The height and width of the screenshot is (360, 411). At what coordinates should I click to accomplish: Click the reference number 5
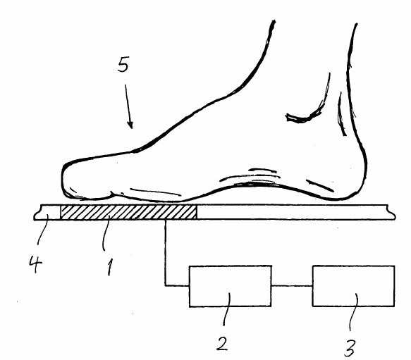point(123,64)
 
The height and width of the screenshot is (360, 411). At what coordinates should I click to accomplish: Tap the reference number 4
point(35,264)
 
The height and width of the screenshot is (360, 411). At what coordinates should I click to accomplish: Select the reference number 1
point(110,267)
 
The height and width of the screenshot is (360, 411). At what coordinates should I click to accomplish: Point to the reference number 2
point(223,344)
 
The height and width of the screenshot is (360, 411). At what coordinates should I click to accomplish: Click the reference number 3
point(350,348)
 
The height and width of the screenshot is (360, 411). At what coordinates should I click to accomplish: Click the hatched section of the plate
point(128,212)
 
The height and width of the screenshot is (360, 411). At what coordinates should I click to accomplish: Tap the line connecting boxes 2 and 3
point(292,285)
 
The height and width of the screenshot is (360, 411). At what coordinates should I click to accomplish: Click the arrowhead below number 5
point(130,125)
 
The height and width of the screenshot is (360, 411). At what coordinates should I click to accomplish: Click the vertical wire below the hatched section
point(166,253)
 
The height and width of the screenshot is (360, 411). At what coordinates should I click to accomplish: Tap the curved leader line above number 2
point(227,309)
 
